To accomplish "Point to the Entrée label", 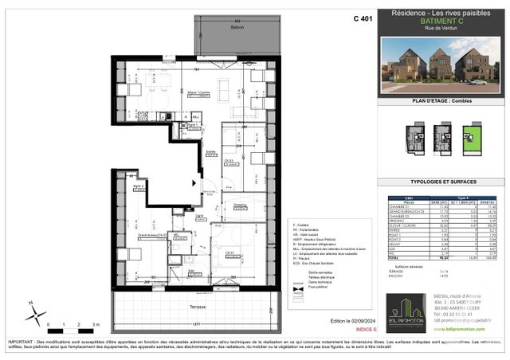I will point(211,151).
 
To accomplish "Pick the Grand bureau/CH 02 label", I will point(151,236).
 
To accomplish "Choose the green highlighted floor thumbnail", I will point(473,135).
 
